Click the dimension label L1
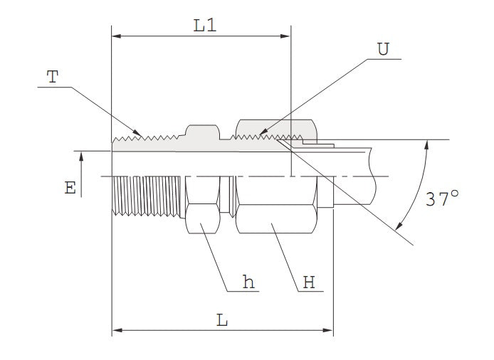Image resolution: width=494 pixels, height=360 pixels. click(205, 26)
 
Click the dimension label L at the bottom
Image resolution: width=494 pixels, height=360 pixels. click(222, 321)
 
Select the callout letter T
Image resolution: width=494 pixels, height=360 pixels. click(53, 78)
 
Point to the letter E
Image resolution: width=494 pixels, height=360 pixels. click(70, 188)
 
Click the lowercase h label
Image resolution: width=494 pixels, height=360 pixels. click(248, 282)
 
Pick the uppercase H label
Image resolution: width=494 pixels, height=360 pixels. click(309, 282)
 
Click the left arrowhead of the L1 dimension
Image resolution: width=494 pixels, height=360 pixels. click(117, 36)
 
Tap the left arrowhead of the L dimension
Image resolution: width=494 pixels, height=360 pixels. click(117, 331)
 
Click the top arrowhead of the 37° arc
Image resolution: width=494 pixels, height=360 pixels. click(427, 144)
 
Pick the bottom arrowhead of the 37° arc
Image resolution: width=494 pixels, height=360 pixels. click(398, 228)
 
